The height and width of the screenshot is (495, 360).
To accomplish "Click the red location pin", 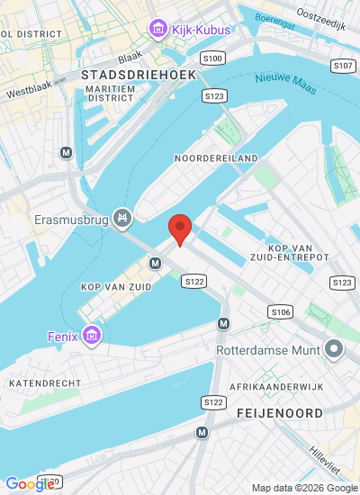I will pos(180,229).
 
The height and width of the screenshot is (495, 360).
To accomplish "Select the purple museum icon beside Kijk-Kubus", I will pos(159,30).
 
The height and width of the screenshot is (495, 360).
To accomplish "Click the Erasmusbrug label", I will pos(71,218).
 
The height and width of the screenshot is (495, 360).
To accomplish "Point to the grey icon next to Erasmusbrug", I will pos(123,218).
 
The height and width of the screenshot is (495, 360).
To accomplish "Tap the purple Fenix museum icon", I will pos(90,337).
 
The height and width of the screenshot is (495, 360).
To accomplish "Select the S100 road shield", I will pos(213,58).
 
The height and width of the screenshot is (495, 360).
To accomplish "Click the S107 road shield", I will pos(342,66).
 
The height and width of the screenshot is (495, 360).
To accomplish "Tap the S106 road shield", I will pos(281,311).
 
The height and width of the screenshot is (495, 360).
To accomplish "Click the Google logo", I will pos(30,484).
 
